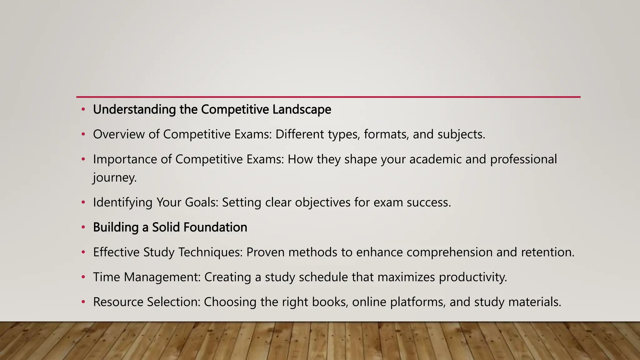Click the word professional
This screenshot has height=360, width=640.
pyautogui.click(x=523, y=159)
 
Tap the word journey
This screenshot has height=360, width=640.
pyautogui.click(x=115, y=178)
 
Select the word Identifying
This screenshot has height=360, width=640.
pyautogui.click(x=123, y=202)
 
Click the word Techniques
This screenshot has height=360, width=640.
pyautogui.click(x=210, y=252)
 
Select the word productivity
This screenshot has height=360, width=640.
pyautogui.click(x=473, y=277)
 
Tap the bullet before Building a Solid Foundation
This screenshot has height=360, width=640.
pyautogui.click(x=83, y=227)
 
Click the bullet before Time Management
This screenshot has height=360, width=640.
pyautogui.click(x=83, y=277)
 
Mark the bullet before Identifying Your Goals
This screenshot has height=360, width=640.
pyautogui.click(x=83, y=202)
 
